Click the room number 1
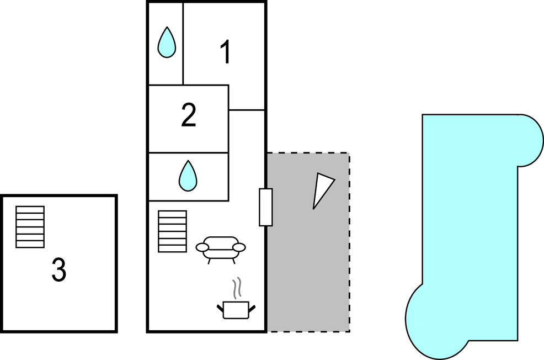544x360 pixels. (x=225, y=53)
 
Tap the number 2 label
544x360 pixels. (x=189, y=116)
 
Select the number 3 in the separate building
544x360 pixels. (x=59, y=270)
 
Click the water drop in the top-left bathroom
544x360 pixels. (x=167, y=43)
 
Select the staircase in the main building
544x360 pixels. (x=172, y=231)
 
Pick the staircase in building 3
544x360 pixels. (x=30, y=226)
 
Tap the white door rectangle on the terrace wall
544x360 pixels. (x=266, y=207)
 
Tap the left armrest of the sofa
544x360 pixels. (x=202, y=247)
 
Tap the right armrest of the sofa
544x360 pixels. (x=239, y=247)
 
